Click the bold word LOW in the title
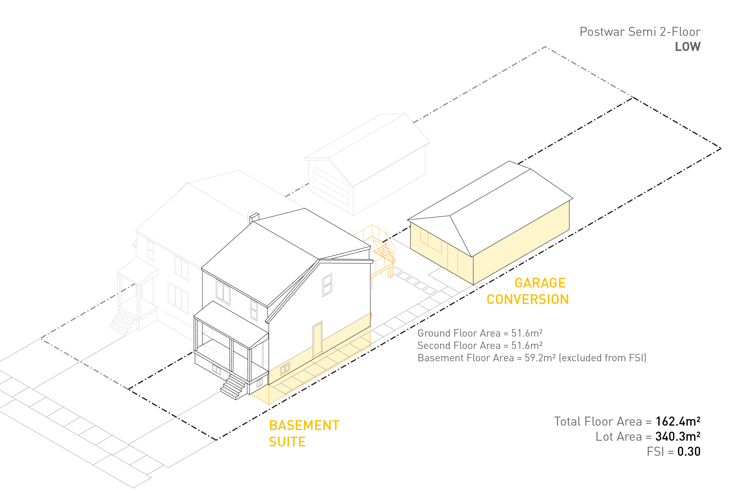(688, 47)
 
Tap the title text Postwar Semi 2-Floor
(640, 32)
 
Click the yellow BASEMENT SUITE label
(304, 434)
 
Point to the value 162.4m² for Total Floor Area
(678, 422)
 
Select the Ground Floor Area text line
(480, 333)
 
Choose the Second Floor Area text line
(480, 346)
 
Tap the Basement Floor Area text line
(532, 358)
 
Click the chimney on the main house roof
(254, 217)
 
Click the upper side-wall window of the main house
(327, 285)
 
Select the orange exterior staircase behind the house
(383, 251)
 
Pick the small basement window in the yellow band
(285, 368)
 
